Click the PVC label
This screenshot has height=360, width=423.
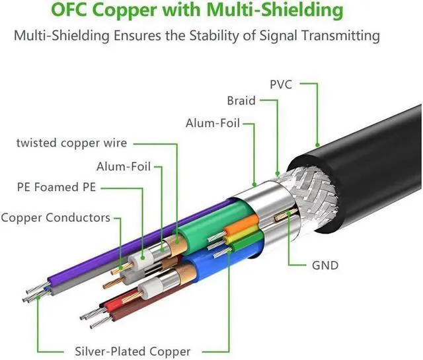[281, 85]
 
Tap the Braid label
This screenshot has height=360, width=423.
[241, 101]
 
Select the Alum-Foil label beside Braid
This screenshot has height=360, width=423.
[213, 124]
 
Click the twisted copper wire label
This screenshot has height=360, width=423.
[71, 143]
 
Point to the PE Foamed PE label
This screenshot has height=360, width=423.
[56, 188]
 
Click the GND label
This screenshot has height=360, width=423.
[325, 266]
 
